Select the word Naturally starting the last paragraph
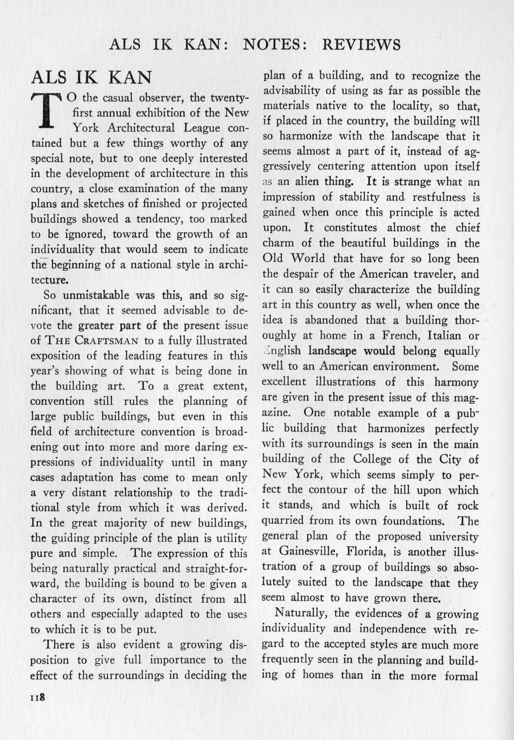point(301,613)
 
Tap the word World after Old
point(307,258)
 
